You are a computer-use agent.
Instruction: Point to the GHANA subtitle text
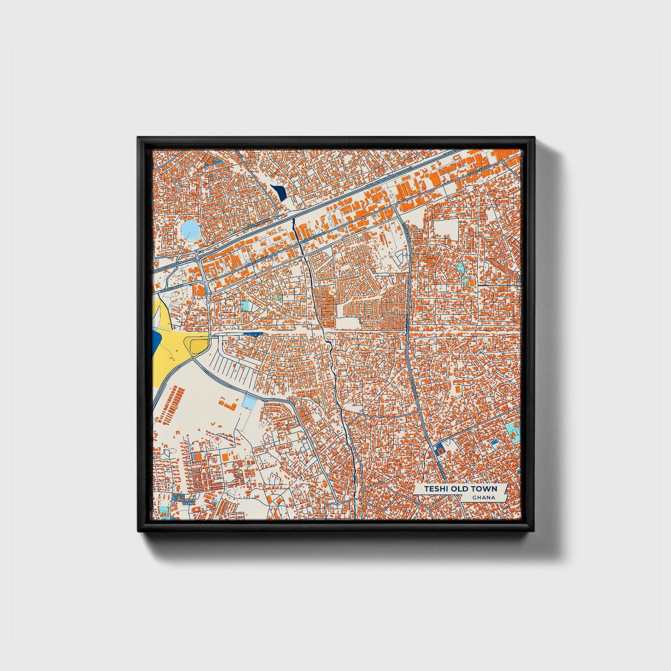pos(483,498)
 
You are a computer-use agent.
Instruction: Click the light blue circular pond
pos(190,229)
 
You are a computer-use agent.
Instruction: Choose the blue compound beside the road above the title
pos(439,448)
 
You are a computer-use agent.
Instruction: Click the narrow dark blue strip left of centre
pos(253,334)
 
